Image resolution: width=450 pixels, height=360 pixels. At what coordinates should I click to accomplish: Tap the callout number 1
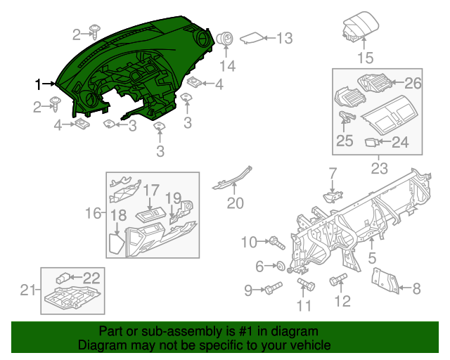point(39,84)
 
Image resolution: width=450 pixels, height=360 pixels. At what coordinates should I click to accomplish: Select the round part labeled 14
point(226,40)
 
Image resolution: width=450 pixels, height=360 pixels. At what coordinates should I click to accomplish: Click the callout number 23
point(379,169)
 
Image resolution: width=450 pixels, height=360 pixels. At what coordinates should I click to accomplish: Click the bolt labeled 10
point(276,243)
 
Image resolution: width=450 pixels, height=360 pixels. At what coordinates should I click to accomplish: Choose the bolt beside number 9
point(272,289)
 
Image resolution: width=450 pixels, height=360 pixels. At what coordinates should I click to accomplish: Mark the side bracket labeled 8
point(386,280)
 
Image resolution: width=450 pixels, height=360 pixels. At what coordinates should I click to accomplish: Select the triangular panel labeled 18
point(116,243)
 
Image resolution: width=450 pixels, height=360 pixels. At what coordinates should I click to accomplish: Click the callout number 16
point(94,212)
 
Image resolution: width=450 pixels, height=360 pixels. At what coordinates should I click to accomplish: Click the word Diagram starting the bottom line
point(101,346)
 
